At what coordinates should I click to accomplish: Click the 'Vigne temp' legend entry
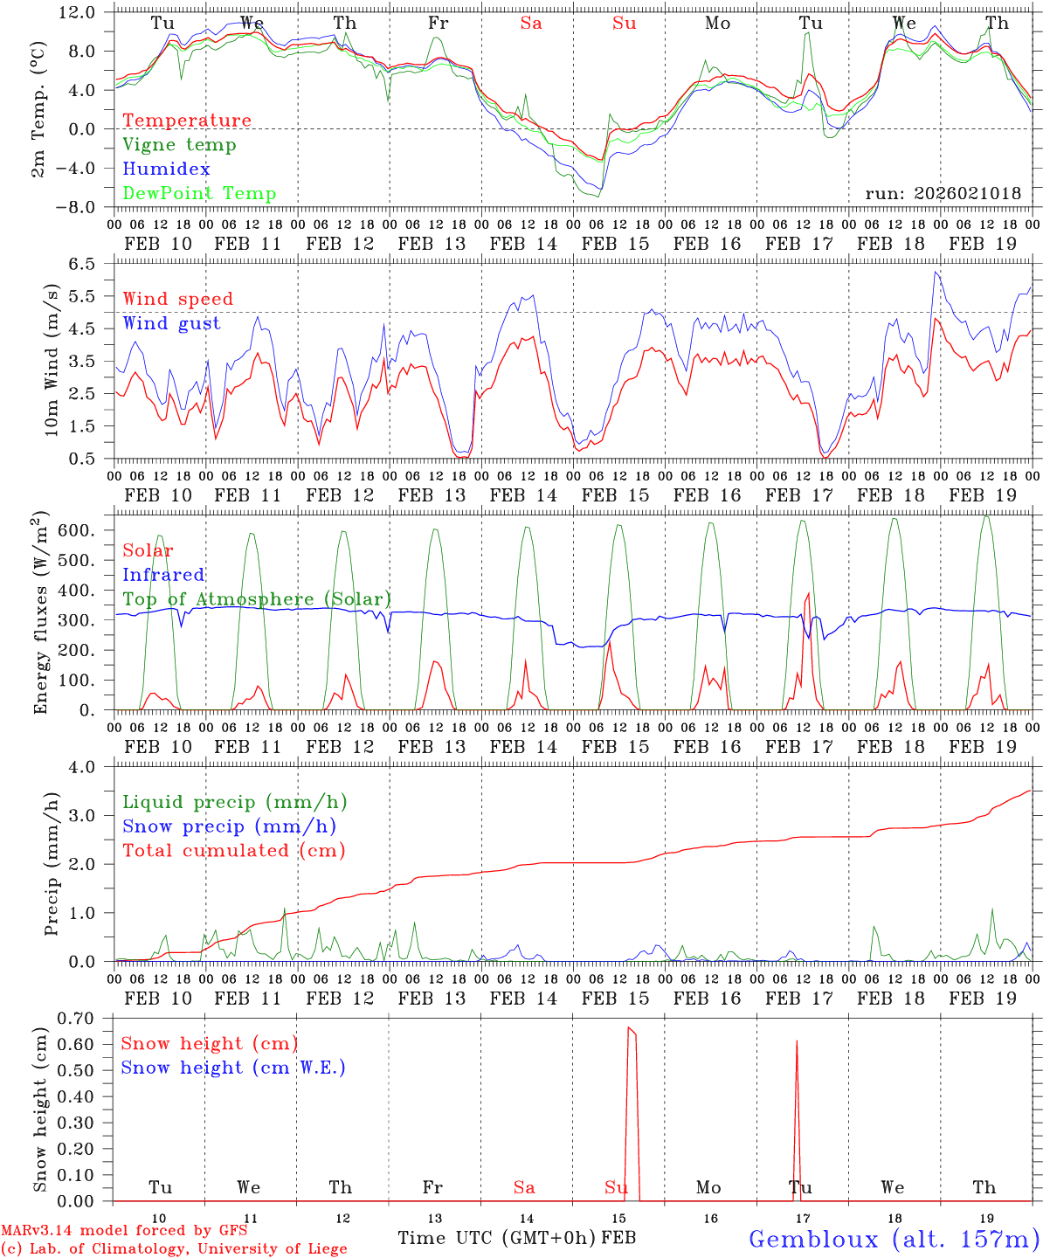(179, 145)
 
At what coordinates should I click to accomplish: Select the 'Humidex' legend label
(166, 169)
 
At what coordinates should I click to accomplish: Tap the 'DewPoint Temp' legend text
(199, 194)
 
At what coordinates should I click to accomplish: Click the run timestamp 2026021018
(943, 194)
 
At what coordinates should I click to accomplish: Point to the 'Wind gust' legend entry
(171, 323)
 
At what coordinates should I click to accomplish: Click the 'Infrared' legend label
(163, 575)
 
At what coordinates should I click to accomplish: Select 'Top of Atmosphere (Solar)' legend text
(256, 599)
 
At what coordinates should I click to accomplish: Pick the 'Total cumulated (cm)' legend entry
(233, 851)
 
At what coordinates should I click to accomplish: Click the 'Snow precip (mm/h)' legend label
(229, 826)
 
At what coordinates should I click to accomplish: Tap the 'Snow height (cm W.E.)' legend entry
(232, 1068)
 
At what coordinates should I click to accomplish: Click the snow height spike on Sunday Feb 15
(631, 1032)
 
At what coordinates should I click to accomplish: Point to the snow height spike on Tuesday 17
(797, 1043)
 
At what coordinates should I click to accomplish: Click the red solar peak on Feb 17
(808, 595)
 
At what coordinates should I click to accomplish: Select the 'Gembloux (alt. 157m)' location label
(893, 1239)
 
